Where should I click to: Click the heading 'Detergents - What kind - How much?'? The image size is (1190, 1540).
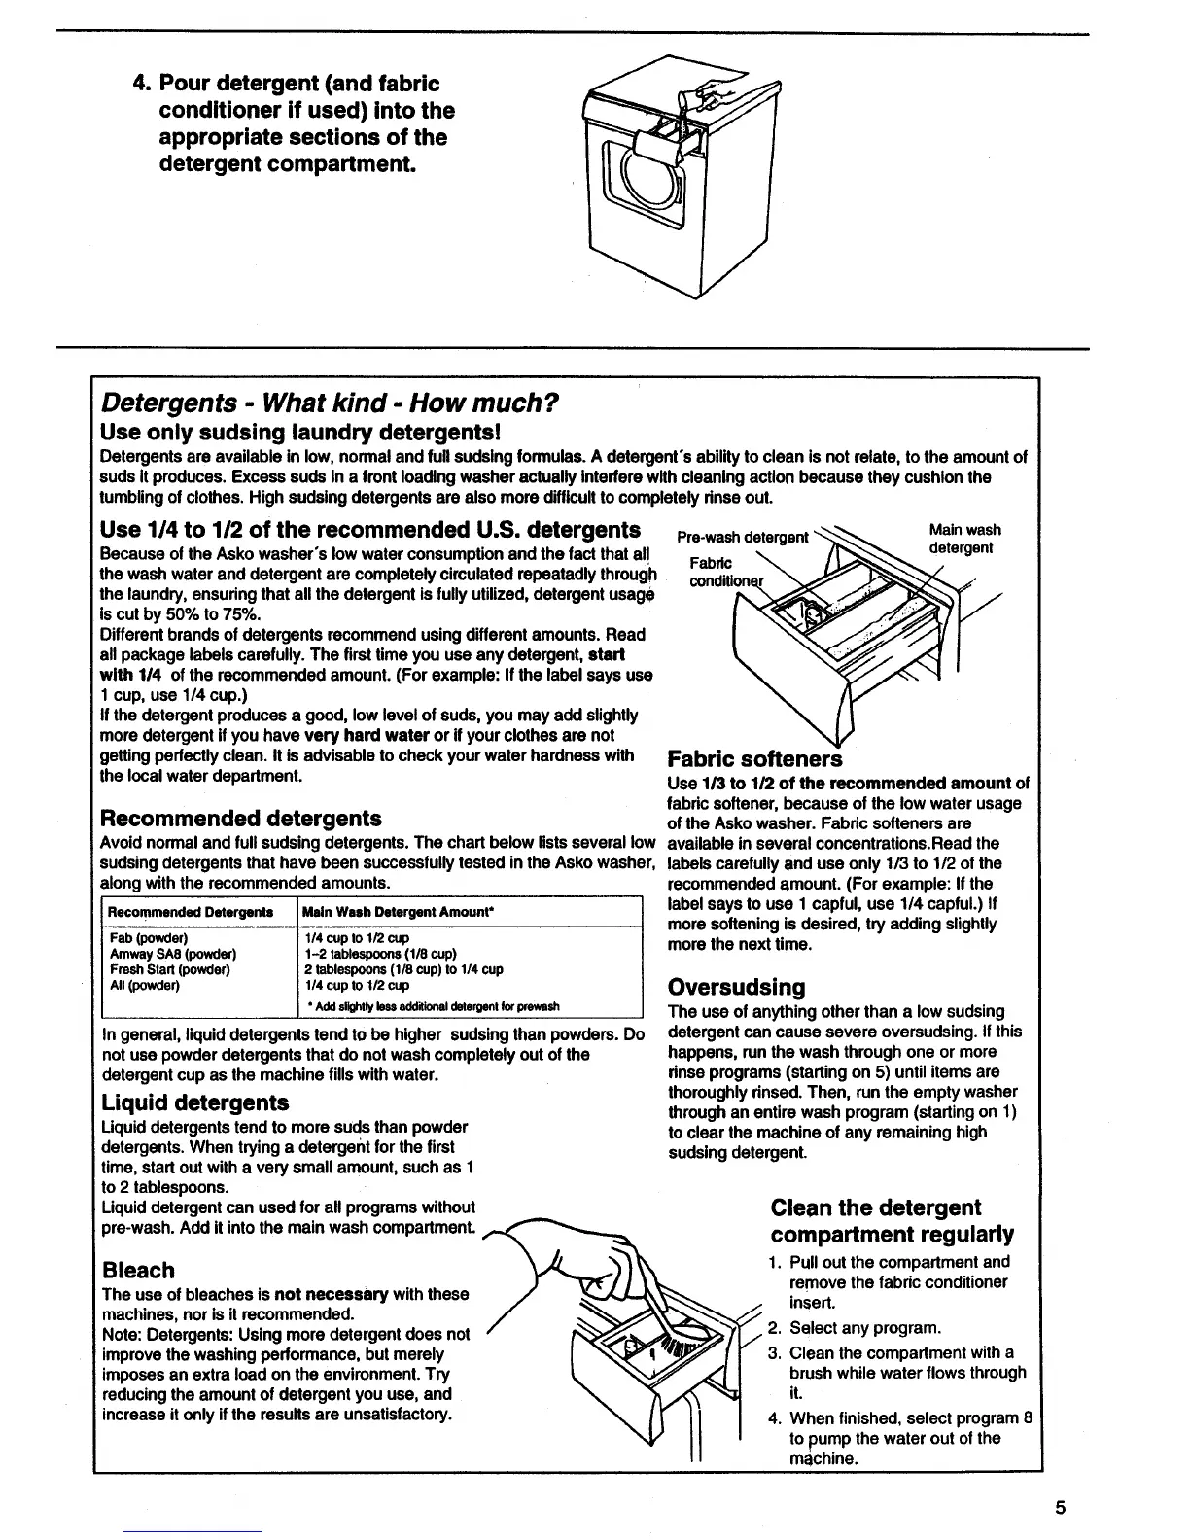(x=331, y=402)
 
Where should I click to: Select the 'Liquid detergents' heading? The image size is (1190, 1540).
(x=195, y=1102)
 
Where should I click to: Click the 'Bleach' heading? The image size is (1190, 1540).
(x=138, y=1270)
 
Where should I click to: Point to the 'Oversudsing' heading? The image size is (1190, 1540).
(x=737, y=987)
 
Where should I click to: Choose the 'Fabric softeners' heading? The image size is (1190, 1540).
(x=754, y=758)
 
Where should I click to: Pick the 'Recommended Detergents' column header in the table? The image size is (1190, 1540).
(x=190, y=912)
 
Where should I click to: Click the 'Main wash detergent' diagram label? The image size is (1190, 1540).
(x=963, y=539)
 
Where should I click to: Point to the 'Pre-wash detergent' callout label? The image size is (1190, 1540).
(x=742, y=537)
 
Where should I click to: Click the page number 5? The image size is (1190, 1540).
(x=1061, y=1508)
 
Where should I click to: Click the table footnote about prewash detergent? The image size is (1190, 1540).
(x=432, y=1006)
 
